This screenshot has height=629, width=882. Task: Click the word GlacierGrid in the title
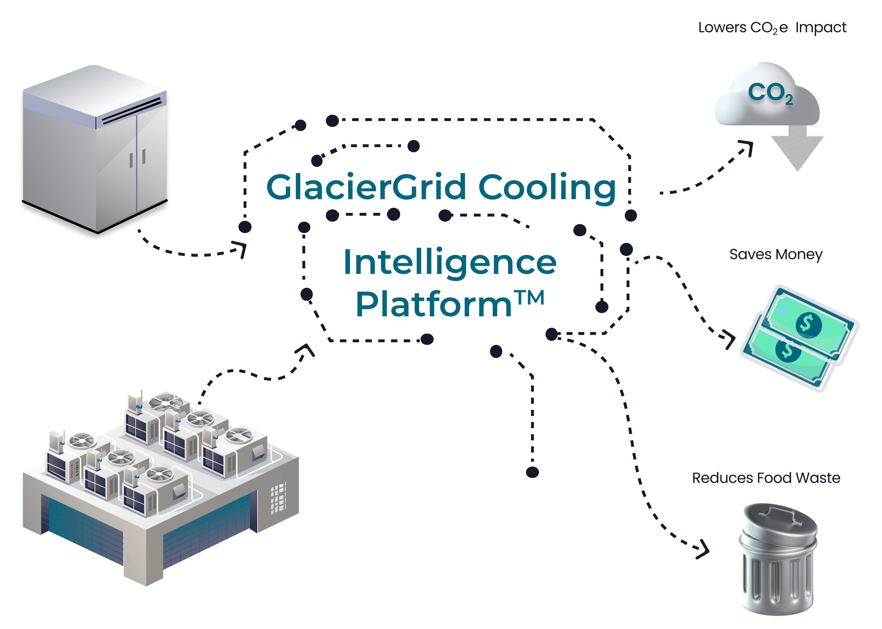point(366,188)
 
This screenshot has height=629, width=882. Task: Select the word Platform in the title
point(434,305)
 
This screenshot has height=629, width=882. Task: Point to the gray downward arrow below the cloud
point(797,151)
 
